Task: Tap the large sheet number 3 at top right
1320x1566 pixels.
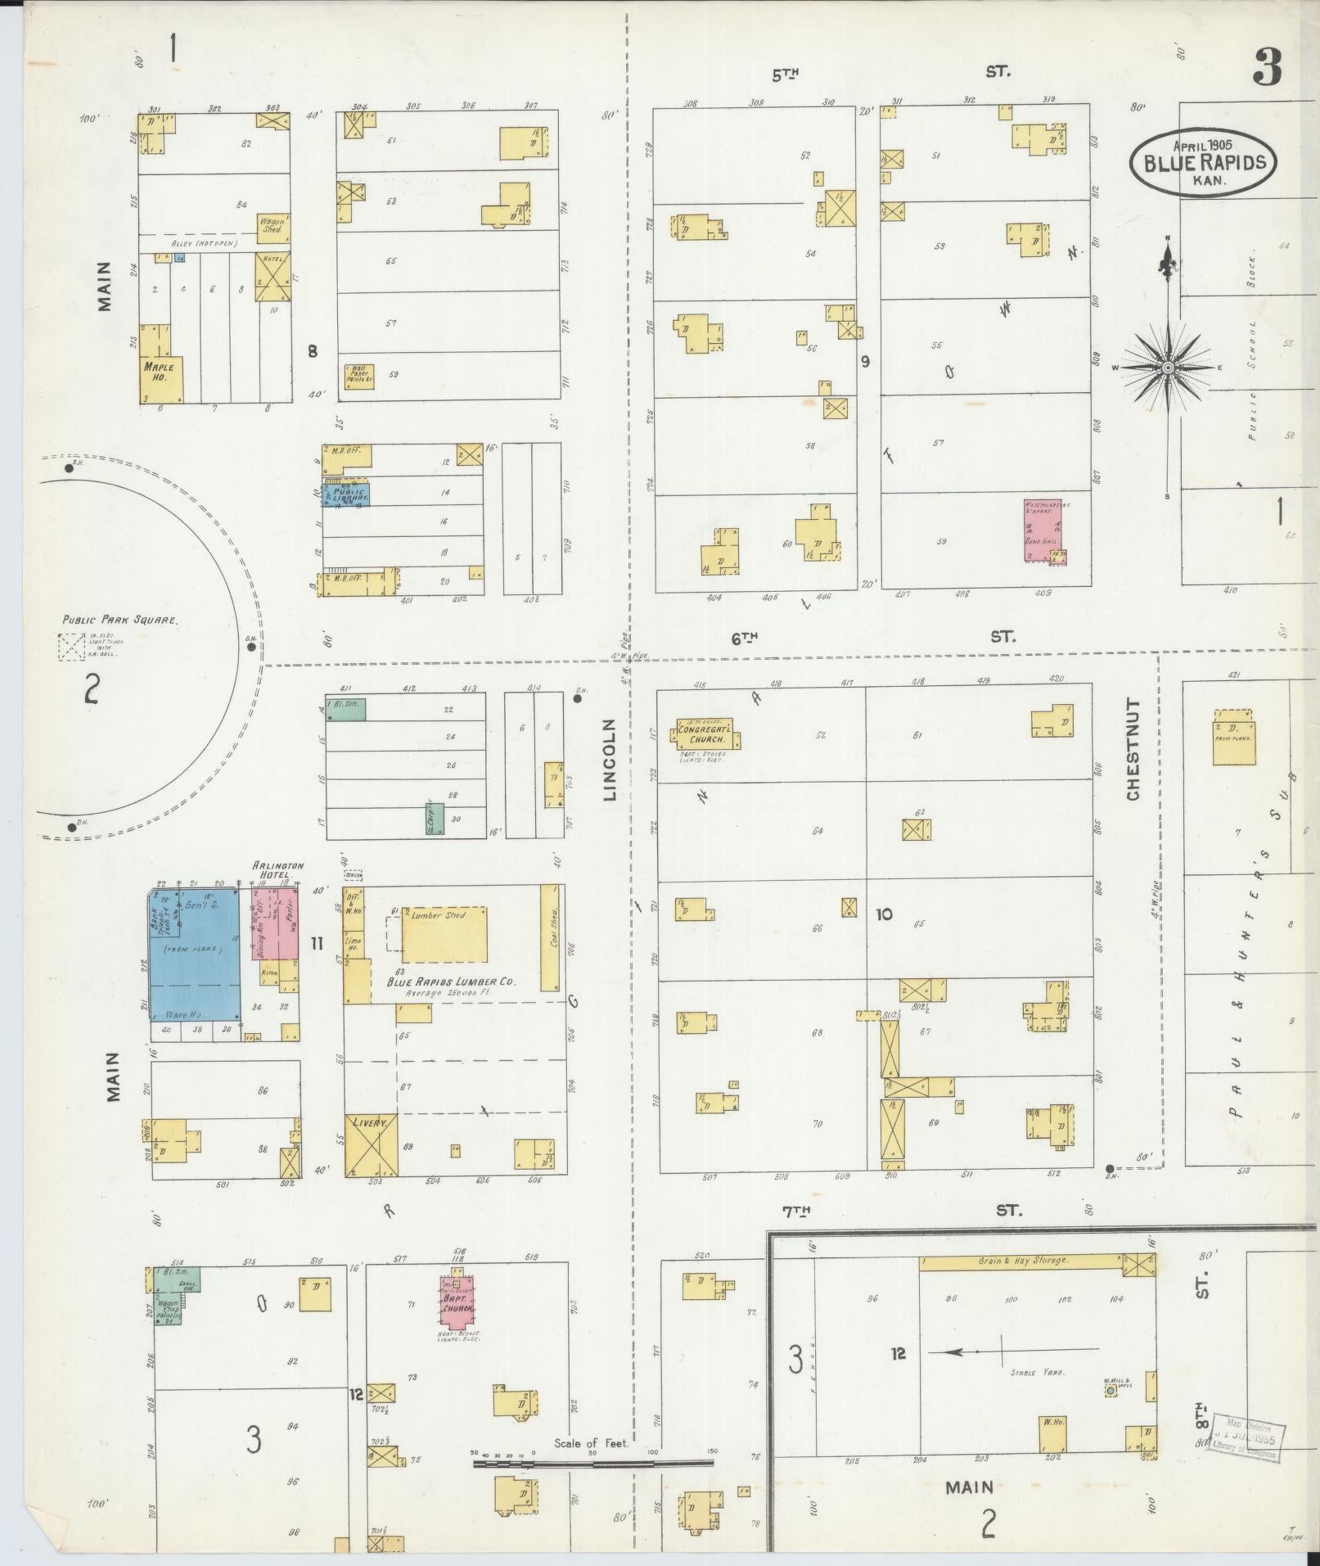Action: click(1266, 66)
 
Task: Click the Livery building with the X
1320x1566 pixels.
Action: click(371, 1145)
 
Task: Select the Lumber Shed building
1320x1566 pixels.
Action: click(444, 934)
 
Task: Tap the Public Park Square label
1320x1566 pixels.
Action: click(120, 620)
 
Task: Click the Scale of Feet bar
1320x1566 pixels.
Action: click(593, 1462)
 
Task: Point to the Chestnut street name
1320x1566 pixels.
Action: click(1133, 749)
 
